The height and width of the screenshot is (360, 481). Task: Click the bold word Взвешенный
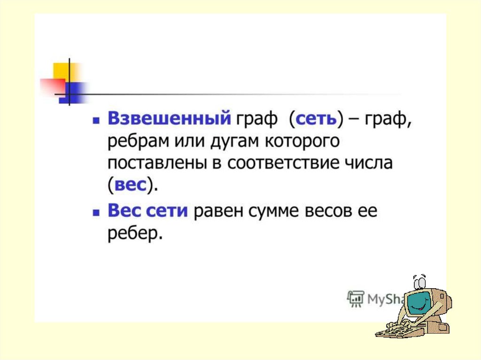point(169,118)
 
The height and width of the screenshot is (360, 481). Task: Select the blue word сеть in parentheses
point(316,118)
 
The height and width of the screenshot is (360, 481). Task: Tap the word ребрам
point(138,142)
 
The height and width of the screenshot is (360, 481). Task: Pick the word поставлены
point(157,163)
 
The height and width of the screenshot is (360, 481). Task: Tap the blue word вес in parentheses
point(130,185)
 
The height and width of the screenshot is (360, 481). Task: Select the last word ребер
point(135,234)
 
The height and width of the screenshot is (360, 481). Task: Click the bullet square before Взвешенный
point(96,121)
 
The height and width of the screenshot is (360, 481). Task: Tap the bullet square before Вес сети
point(96,213)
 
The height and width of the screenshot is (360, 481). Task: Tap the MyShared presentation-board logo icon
point(356,299)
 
